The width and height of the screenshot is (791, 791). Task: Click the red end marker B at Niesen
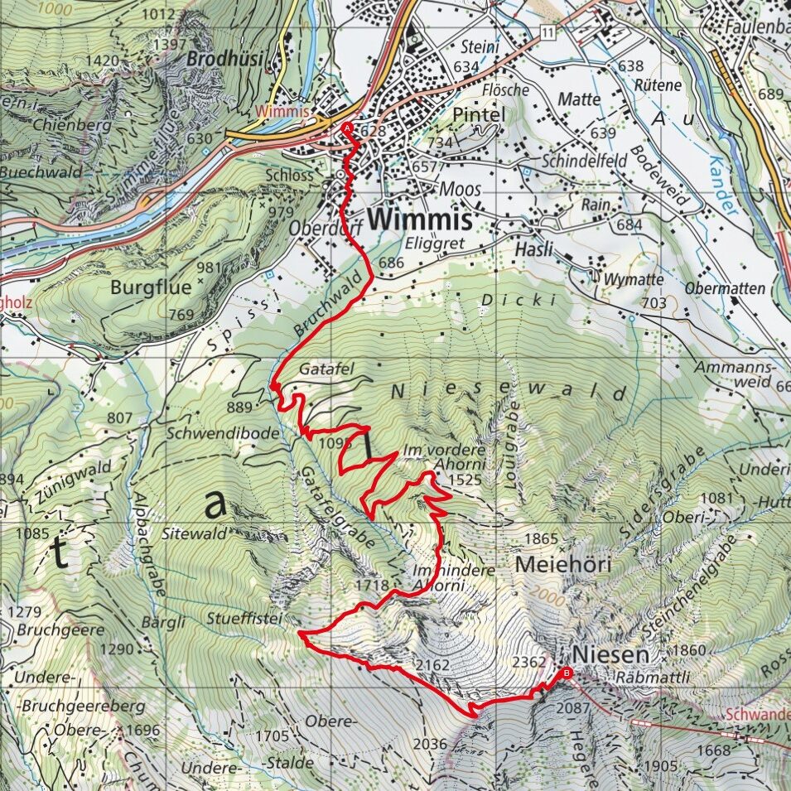[x=567, y=673]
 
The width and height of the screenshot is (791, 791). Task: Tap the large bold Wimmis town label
[x=420, y=219]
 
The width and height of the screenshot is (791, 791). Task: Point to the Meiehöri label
[x=562, y=566]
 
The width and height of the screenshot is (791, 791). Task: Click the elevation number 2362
[x=530, y=663]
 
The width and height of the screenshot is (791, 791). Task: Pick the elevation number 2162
[x=432, y=665]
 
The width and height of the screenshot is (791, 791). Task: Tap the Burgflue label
[x=151, y=287]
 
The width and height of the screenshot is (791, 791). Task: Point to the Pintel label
[x=479, y=114]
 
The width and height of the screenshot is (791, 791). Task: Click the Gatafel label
[x=322, y=366]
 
